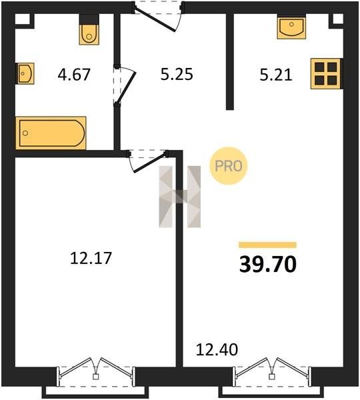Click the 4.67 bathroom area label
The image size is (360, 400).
74,75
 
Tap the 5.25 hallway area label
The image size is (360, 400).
177,75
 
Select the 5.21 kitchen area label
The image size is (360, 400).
276,75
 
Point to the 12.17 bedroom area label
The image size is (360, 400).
91,258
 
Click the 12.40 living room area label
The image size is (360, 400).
217,349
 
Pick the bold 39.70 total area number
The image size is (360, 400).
268,264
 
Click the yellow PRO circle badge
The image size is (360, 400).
229,166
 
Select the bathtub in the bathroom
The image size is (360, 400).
51,133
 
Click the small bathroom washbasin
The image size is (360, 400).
26,73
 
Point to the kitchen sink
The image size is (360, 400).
291,27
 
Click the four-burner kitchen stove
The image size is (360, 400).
325,74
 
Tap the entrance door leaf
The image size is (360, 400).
155,19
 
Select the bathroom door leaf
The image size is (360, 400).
126,87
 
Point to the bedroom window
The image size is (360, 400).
96,377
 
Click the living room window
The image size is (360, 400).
272,377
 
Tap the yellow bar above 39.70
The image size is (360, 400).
267,245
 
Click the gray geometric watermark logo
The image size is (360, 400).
179,197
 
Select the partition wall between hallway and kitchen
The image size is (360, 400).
230,61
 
